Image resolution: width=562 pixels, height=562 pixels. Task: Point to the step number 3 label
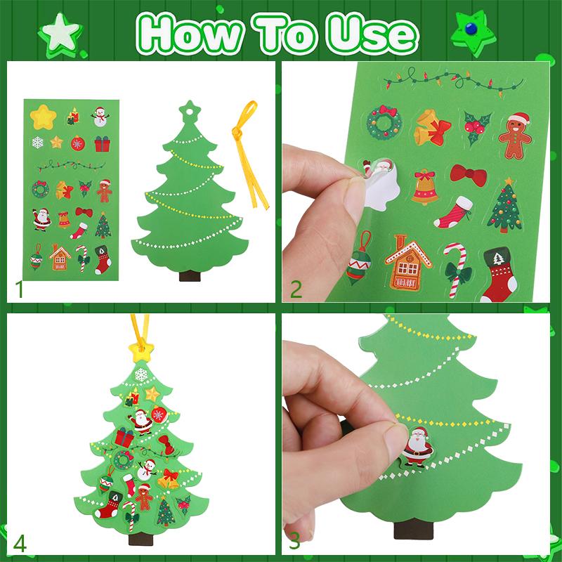(x=294, y=541)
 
